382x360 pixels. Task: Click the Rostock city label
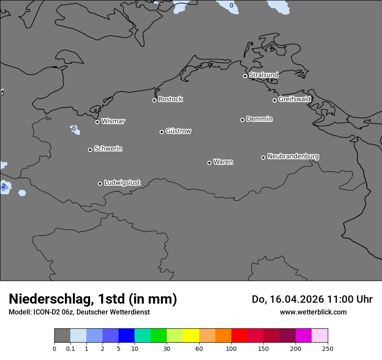170,99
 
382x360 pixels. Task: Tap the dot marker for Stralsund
245,76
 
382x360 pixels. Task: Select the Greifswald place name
294,99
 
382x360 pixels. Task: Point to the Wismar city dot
97,122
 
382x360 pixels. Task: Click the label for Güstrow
178,131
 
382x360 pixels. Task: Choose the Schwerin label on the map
108,149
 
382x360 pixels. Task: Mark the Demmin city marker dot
242,120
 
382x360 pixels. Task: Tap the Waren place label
223,162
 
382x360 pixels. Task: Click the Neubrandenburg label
293,156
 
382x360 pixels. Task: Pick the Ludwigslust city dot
100,183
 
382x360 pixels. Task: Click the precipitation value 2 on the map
3,186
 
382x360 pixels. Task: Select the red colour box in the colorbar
239,336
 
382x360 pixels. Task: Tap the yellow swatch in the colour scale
191,336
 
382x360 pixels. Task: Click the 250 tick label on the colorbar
328,348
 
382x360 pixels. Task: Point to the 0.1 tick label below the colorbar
70,348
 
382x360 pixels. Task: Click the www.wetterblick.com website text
313,312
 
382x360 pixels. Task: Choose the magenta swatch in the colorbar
303,336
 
